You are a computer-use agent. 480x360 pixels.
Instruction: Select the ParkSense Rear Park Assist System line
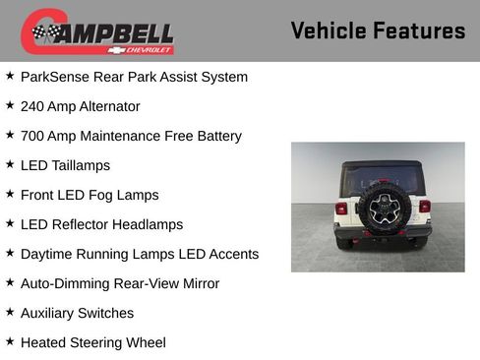point(134,77)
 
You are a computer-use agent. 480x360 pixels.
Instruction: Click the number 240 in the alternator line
point(33,106)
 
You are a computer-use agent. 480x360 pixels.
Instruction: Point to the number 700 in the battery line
point(33,136)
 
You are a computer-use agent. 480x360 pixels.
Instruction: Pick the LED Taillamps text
point(65,165)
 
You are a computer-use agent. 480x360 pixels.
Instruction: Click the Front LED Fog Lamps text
point(90,195)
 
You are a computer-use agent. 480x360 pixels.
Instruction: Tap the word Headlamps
point(148,224)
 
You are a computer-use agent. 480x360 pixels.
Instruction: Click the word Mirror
point(197,283)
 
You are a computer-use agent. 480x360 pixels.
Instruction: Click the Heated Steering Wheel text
point(93,342)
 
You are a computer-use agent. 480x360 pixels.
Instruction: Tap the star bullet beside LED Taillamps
point(10,164)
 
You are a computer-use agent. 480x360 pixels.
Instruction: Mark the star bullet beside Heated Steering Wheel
point(10,341)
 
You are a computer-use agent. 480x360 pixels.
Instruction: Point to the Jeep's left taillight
point(341,209)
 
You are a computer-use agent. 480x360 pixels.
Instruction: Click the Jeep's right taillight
point(425,207)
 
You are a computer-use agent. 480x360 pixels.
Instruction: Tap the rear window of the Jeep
point(383,177)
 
